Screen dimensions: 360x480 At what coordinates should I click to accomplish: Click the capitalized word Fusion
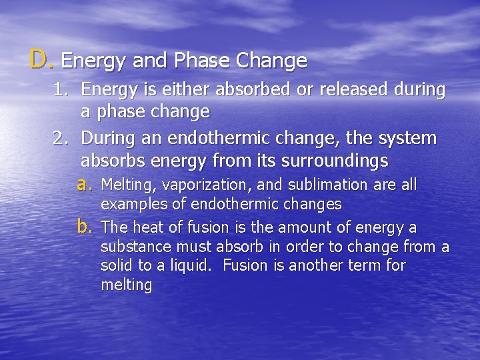coord(245,266)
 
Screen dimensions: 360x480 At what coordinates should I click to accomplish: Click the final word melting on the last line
coord(126,285)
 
